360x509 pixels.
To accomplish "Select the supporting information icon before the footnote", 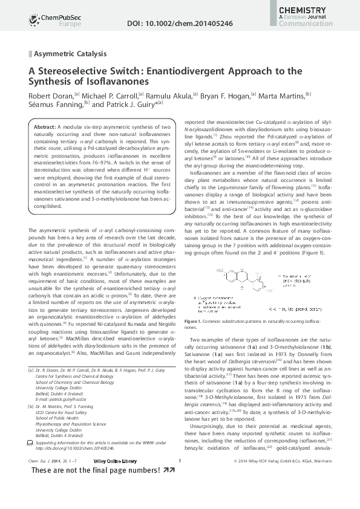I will coord(32,444).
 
